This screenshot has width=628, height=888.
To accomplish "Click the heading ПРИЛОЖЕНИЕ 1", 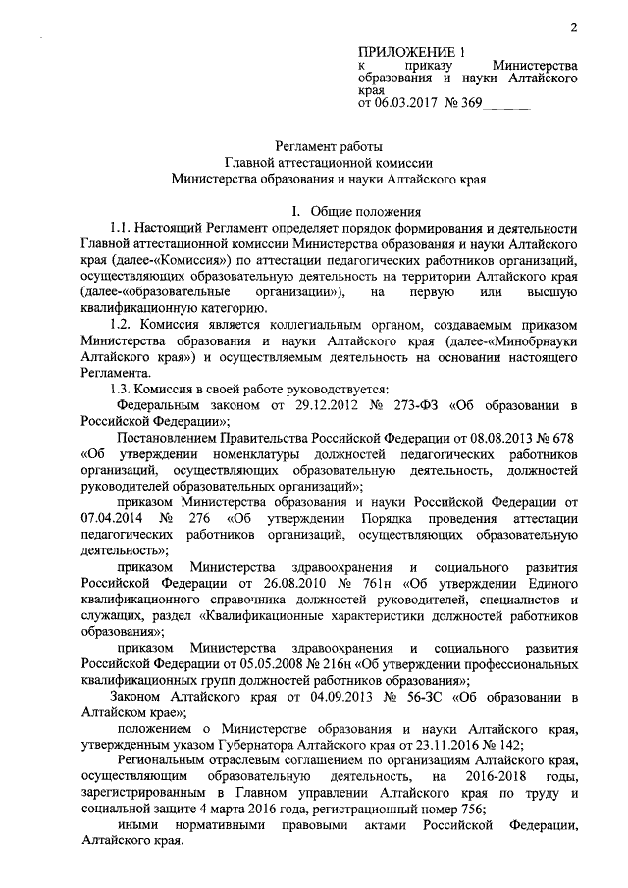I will [409, 51].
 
